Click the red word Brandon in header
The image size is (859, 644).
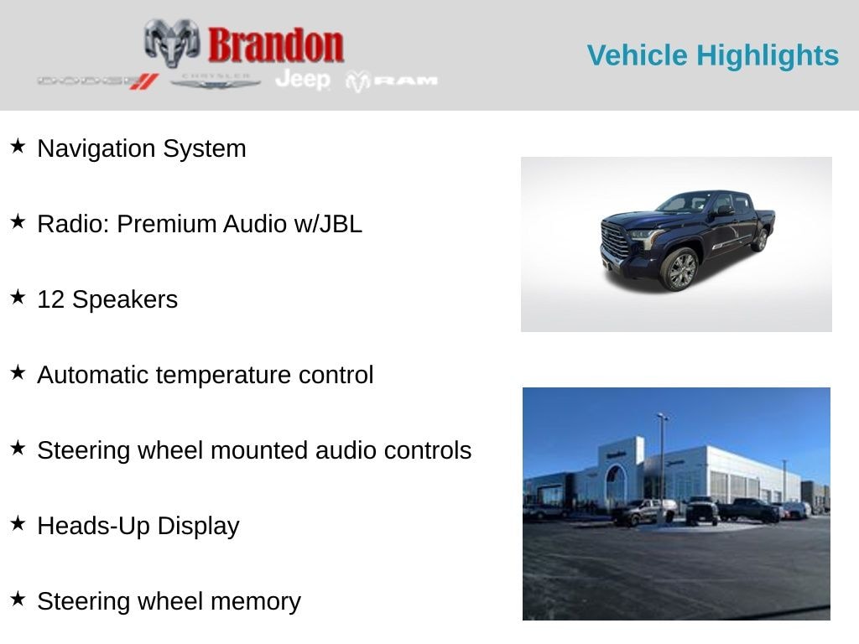click(275, 45)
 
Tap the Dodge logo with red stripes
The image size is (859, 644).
click(98, 80)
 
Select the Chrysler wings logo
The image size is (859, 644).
click(216, 80)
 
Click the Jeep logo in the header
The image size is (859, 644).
click(302, 79)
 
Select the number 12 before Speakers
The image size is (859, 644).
click(50, 299)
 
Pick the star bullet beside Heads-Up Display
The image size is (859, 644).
click(18, 524)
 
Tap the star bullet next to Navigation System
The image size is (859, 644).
click(18, 147)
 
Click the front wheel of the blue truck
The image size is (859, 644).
click(680, 270)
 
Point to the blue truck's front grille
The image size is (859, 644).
click(615, 241)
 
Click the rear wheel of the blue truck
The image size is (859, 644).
click(760, 240)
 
